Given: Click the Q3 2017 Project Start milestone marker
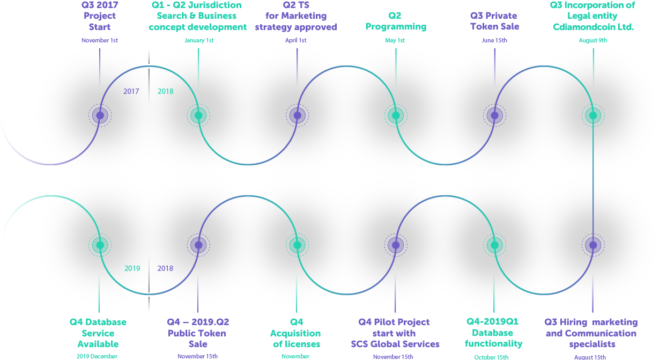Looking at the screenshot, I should [x=100, y=115].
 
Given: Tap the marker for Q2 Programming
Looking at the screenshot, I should [x=396, y=115].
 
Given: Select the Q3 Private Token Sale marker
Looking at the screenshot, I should [x=494, y=115].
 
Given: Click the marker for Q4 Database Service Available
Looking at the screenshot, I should [x=99, y=245].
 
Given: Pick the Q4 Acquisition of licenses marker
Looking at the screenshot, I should [x=297, y=245].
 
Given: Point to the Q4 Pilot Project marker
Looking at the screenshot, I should [x=396, y=245].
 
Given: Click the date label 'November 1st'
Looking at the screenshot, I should [x=99, y=40].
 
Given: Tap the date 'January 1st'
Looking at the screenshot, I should [x=198, y=40].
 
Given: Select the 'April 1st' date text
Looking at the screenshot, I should [x=296, y=40].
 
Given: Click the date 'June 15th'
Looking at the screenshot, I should [x=494, y=40].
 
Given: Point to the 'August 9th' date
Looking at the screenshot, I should [x=593, y=40].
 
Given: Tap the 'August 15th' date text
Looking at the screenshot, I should [x=590, y=357].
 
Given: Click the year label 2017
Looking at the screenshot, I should [x=131, y=91].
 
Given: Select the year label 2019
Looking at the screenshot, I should [x=132, y=268].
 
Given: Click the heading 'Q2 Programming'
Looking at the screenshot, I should [x=396, y=21].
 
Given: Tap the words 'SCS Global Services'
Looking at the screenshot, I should [x=395, y=344].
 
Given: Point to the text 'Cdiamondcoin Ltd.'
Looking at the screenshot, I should [x=593, y=27].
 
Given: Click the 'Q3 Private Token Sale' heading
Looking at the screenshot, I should [x=494, y=21].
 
